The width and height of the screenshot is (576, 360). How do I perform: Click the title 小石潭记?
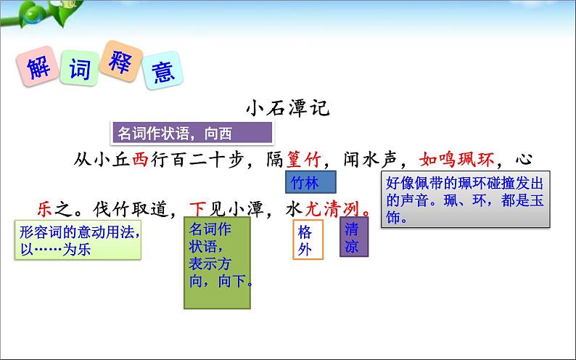[x=287, y=108]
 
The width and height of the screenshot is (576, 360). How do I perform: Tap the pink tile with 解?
[x=36, y=67]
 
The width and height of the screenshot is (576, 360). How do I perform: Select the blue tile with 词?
[x=79, y=70]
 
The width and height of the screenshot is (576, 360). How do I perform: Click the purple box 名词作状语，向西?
[x=192, y=133]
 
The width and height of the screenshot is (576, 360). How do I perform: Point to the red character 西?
[x=140, y=160]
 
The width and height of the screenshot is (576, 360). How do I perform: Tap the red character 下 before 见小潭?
[x=198, y=209]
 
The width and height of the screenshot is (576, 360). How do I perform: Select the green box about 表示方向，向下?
[x=217, y=261]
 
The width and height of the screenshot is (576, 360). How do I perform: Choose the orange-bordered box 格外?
[x=305, y=241]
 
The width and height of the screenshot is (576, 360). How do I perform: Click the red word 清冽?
[x=345, y=209]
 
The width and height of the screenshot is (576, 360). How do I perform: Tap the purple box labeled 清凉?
[x=353, y=237]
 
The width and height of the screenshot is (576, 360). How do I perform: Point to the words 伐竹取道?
[x=139, y=209]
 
